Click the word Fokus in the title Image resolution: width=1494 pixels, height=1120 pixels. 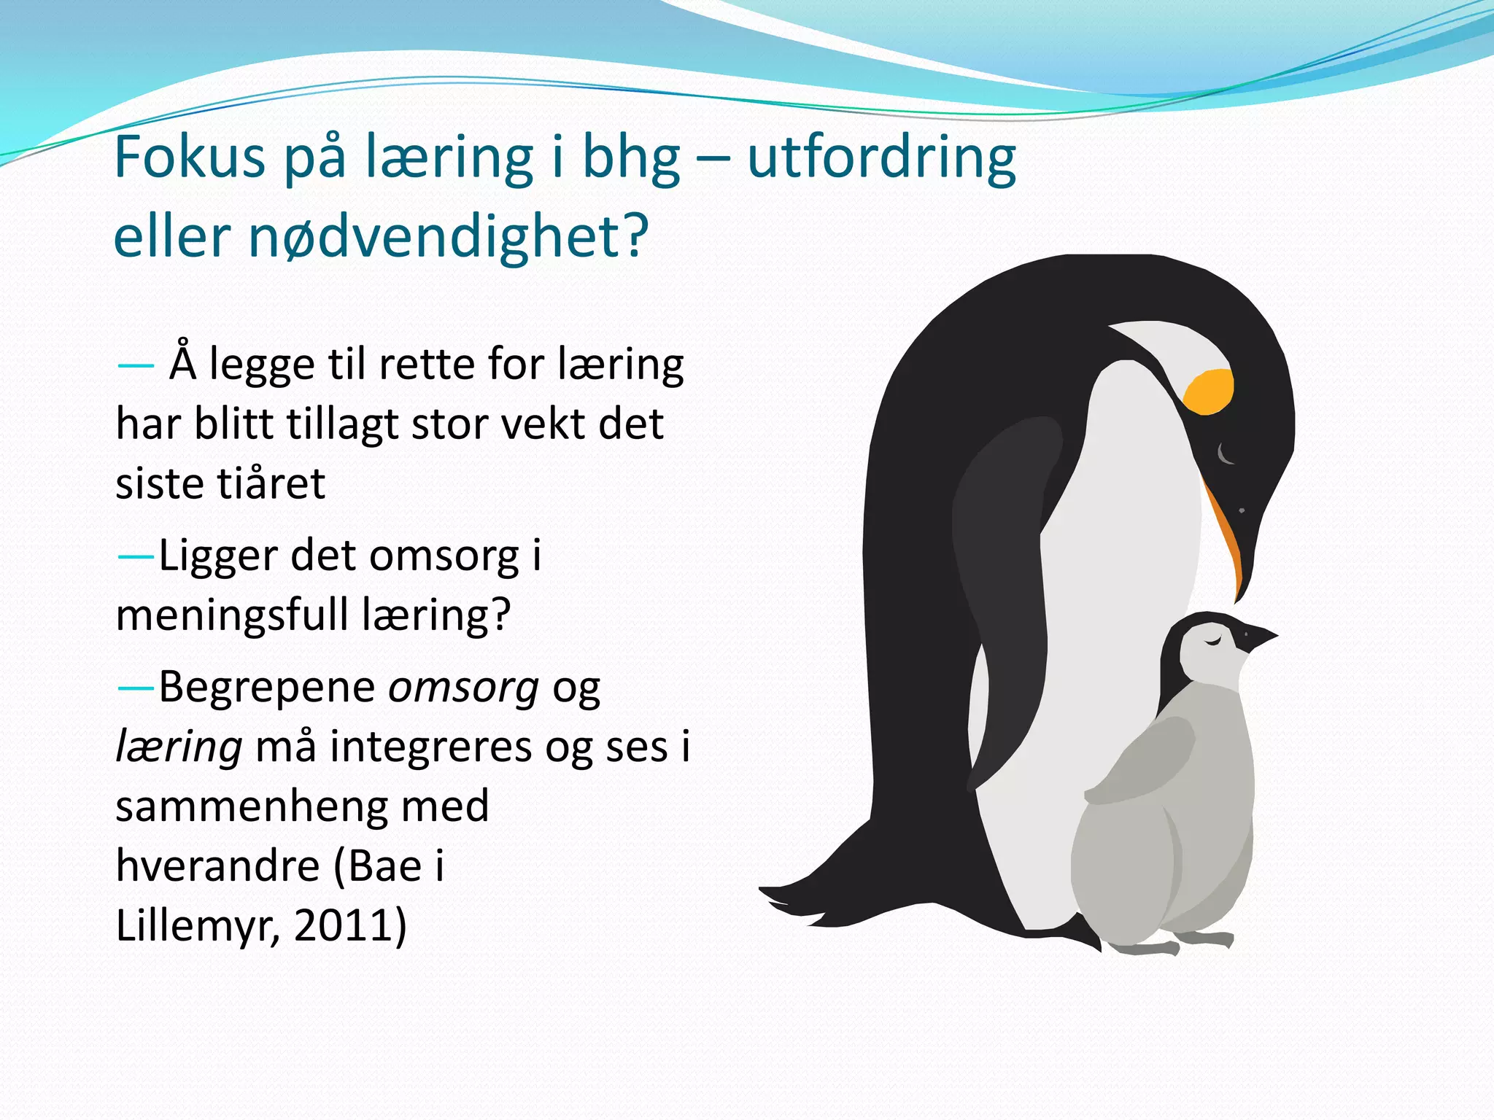pyautogui.click(x=190, y=157)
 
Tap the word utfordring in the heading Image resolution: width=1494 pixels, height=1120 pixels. pyautogui.click(x=881, y=157)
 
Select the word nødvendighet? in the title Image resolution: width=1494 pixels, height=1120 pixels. pyautogui.click(x=448, y=238)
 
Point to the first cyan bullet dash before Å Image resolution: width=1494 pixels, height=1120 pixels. pyautogui.click(x=135, y=365)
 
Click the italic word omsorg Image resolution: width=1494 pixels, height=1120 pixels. pyautogui.click(x=463, y=688)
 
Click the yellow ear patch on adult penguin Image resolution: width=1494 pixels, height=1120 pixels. pyautogui.click(x=1209, y=392)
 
